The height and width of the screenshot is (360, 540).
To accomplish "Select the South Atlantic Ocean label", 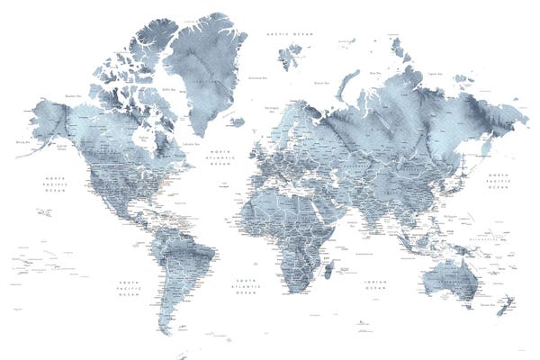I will [x=246, y=286].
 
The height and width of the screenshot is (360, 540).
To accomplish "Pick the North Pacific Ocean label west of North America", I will [x=57, y=184].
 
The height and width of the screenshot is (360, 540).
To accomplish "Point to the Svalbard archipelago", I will [x=290, y=56].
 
